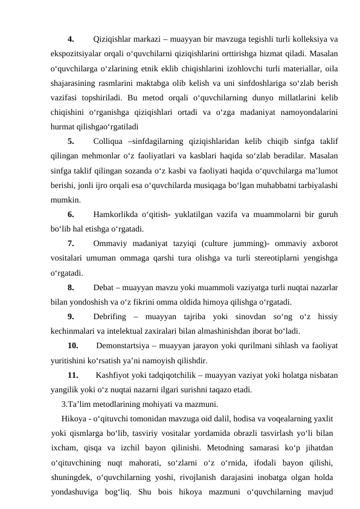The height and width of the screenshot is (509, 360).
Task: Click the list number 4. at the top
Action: (x=71, y=41)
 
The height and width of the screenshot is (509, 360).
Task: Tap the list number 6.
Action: (x=71, y=214)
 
